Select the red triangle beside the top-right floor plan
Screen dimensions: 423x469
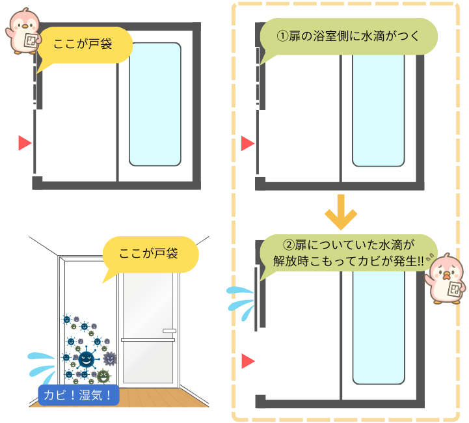coord(247,143)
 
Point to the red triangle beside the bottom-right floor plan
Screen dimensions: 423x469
coord(247,361)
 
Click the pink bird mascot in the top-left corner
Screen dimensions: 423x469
coord(23,30)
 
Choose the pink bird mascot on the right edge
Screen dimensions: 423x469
coord(448,279)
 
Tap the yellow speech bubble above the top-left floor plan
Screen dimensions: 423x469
coord(85,47)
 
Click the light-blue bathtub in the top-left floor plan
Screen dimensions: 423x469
coord(155,104)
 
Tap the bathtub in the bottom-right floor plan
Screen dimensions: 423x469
coord(379,325)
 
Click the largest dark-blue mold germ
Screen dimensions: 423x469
coord(85,358)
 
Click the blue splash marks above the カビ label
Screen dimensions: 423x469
coord(42,364)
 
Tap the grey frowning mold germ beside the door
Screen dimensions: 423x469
coord(110,358)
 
